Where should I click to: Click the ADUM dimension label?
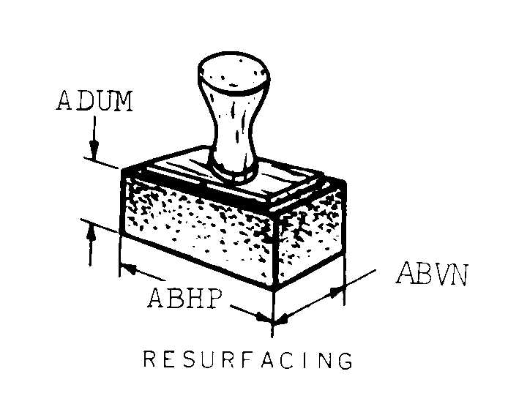[94, 101]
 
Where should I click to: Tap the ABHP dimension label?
[183, 298]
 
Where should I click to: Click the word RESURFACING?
[247, 361]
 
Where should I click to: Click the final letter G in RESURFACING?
[344, 362]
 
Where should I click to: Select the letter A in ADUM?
[64, 101]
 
